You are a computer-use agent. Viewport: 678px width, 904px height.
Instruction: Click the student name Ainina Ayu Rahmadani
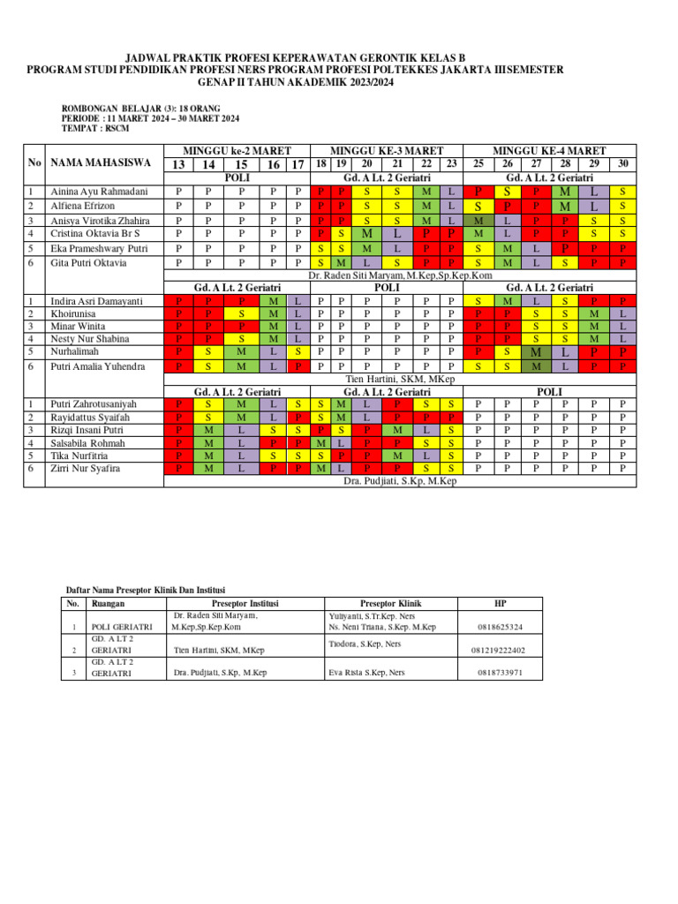pos(98,192)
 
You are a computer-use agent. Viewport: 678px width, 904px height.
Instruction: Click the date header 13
pos(178,164)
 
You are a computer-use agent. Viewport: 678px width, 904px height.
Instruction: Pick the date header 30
pos(623,163)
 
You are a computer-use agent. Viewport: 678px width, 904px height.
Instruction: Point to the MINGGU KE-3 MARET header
pos(386,151)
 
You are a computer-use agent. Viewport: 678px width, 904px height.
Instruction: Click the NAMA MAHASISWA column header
pos(101,163)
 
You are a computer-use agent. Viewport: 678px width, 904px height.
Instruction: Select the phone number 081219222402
pos(500,651)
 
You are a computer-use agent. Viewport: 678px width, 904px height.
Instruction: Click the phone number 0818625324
pos(500,627)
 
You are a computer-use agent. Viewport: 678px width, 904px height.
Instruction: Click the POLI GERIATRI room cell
pos(122,627)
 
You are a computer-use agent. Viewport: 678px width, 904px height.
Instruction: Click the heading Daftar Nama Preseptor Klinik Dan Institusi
pos(146,590)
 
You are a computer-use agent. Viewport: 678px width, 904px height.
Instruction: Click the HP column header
pos(501,604)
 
